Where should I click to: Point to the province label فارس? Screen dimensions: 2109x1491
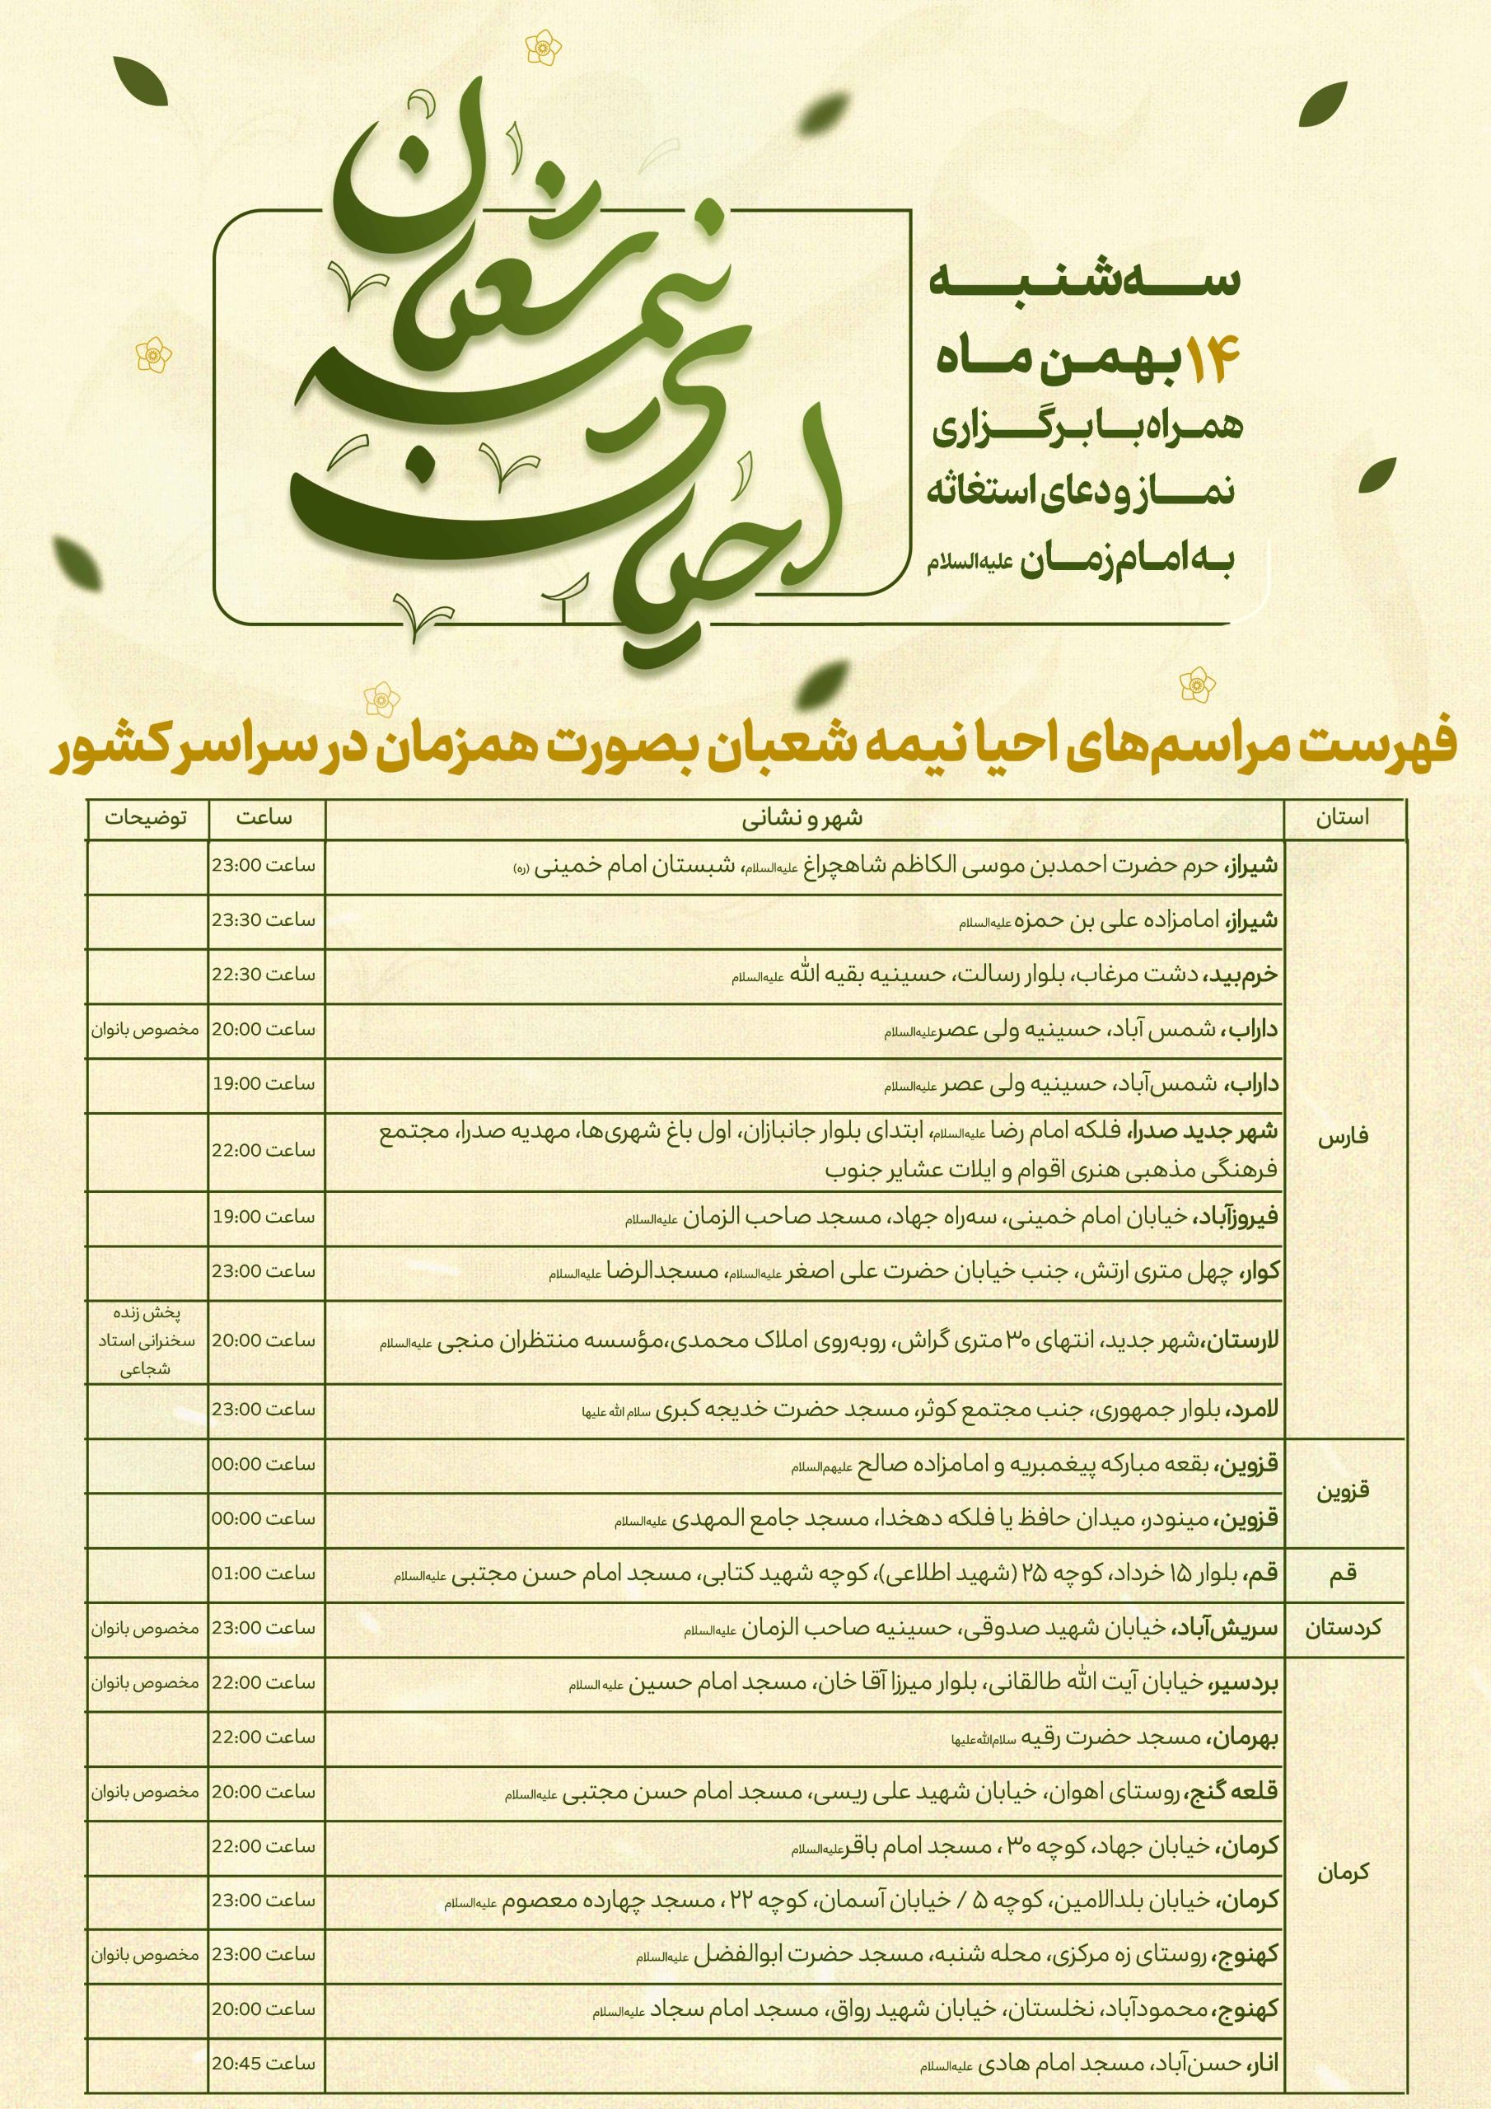pyautogui.click(x=1343, y=1136)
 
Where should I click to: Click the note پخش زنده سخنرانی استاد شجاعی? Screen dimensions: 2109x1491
pyautogui.click(x=146, y=1340)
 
